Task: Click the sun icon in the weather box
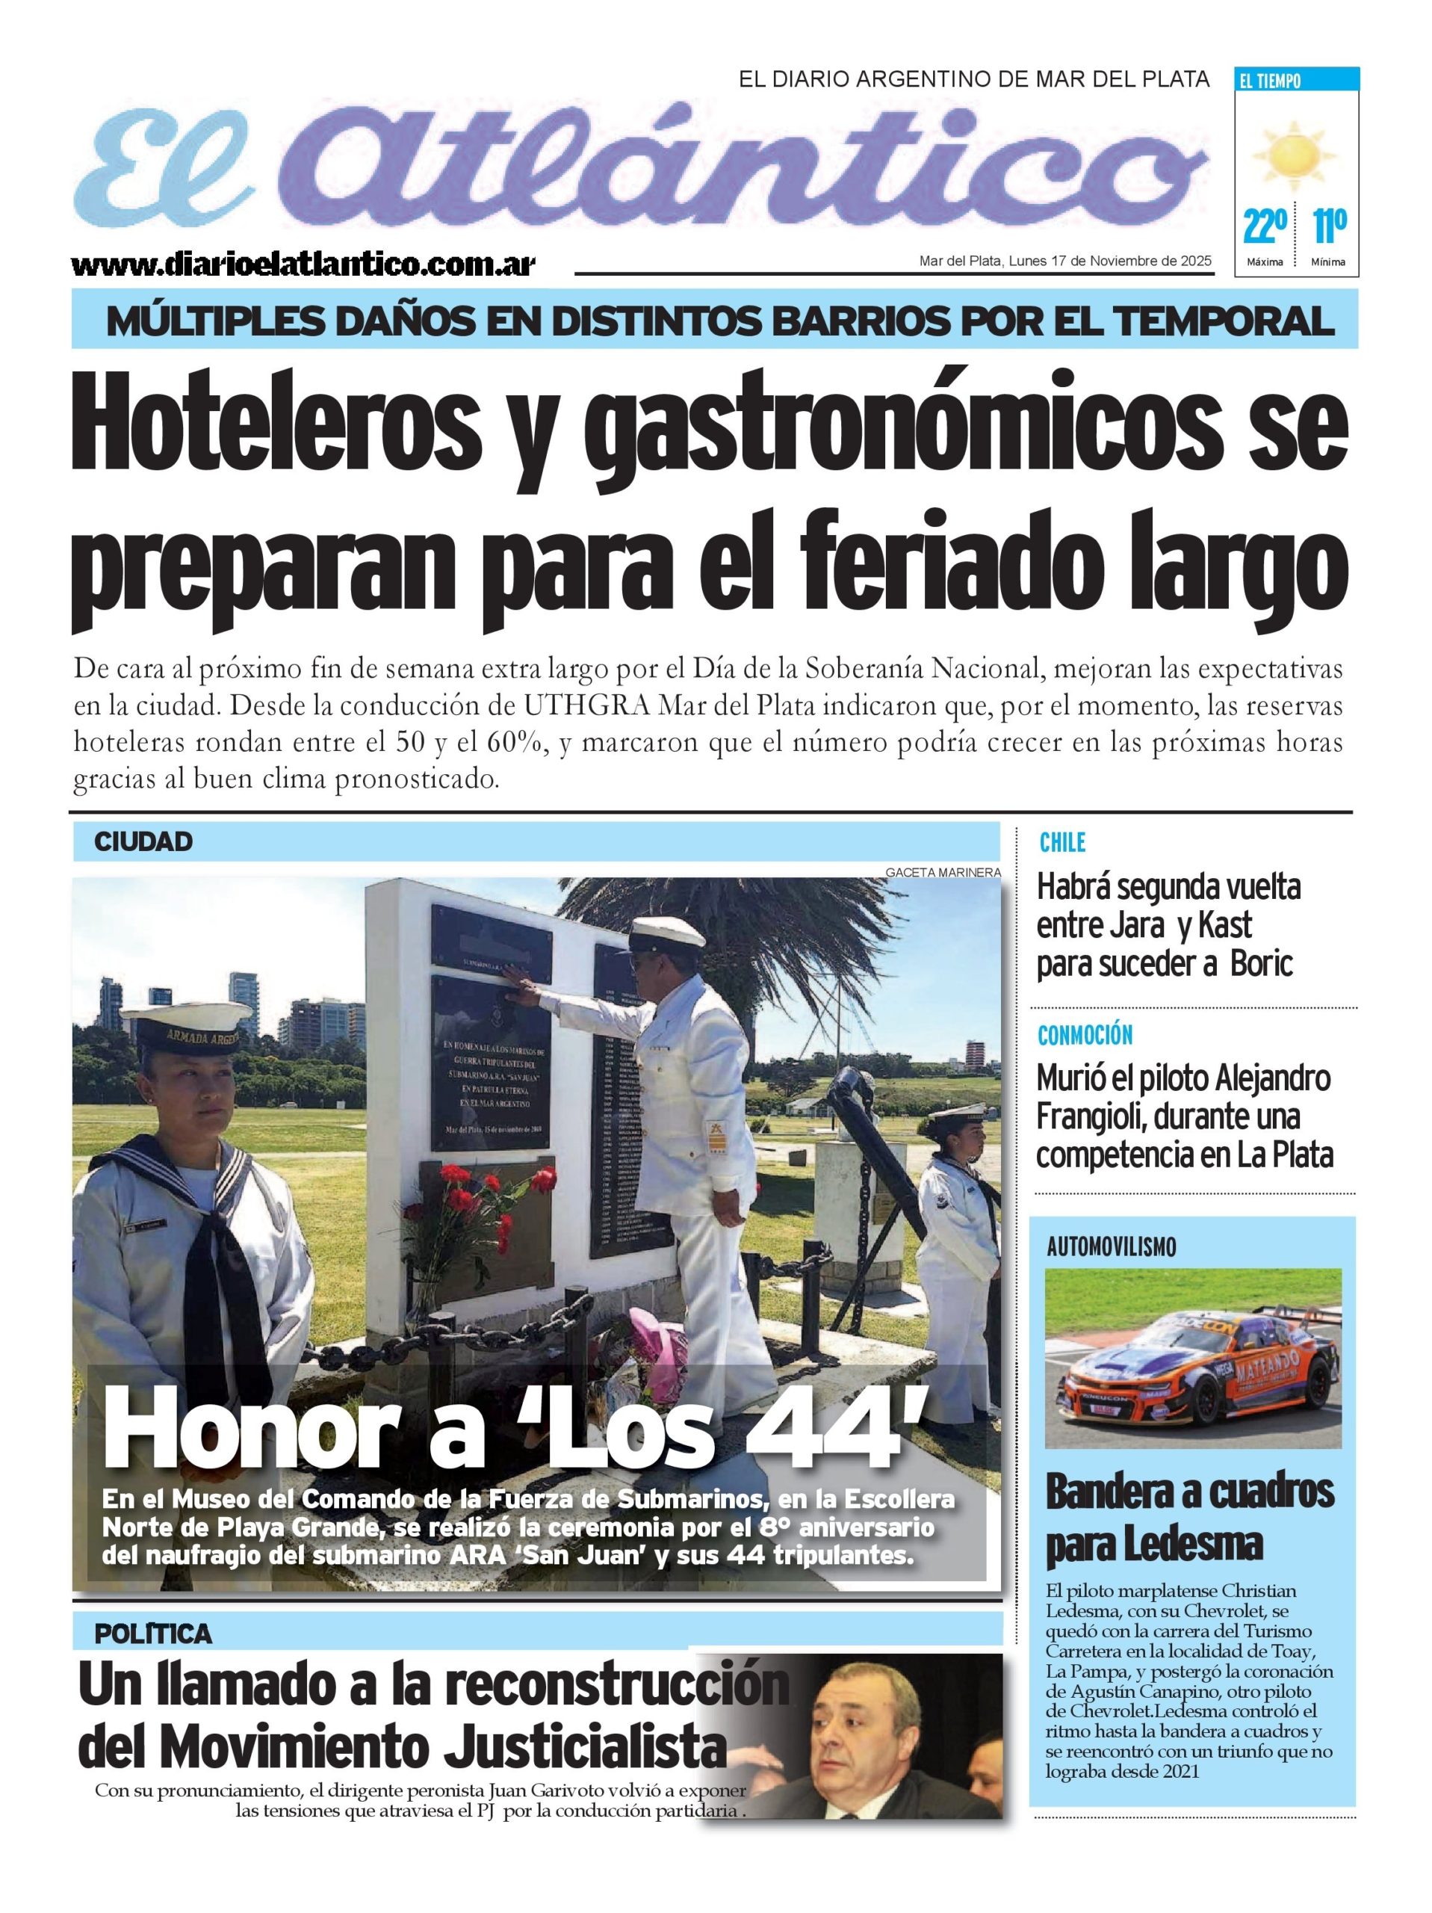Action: click(1294, 155)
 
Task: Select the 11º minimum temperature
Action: click(1328, 226)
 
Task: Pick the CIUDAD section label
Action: click(143, 841)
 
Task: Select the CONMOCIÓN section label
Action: click(1085, 1034)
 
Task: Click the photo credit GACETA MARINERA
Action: click(942, 873)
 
